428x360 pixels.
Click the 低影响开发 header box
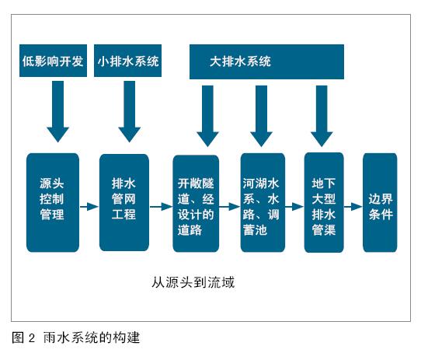[54, 61]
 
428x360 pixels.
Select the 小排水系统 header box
[127, 61]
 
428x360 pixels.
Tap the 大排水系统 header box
[266, 61]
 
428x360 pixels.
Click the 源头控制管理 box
[53, 202]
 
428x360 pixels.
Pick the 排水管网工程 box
[124, 202]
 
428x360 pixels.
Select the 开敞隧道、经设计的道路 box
[196, 204]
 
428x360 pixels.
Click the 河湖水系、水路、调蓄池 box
[263, 203]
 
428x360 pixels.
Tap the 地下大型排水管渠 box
[324, 203]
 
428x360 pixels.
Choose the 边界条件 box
[380, 203]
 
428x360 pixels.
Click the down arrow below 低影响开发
[57, 111]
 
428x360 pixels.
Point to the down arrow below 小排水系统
[130, 111]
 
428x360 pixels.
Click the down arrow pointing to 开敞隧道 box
[207, 116]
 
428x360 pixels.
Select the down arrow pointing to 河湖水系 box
[261, 116]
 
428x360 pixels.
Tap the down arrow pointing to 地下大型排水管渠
[322, 116]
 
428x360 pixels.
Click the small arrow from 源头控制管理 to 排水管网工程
[89, 207]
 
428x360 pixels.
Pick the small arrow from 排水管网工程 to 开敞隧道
[161, 207]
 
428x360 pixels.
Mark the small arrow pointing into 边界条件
[353, 207]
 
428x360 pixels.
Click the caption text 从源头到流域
[193, 282]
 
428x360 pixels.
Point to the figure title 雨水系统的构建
[92, 337]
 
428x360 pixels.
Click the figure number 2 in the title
[32, 338]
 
